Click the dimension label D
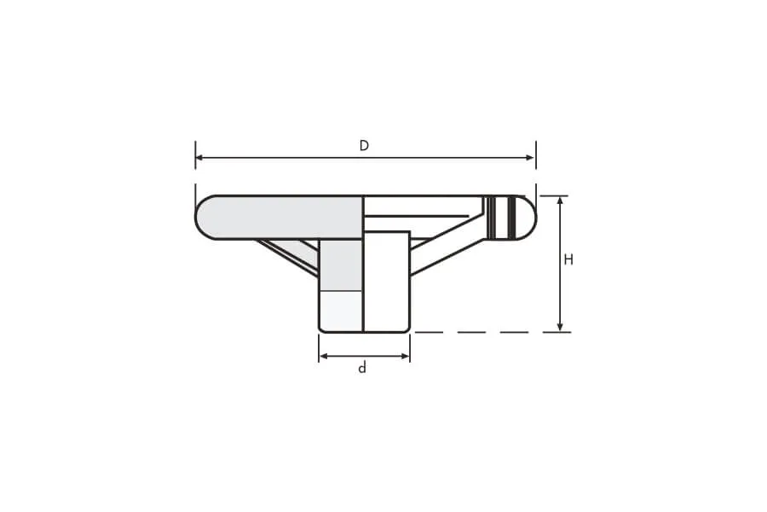(364, 146)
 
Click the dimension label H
(568, 259)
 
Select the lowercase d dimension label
(362, 368)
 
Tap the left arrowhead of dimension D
(199, 158)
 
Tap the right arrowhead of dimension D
(530, 158)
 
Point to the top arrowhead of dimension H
(560, 201)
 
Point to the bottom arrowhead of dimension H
(560, 328)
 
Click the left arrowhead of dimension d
(323, 356)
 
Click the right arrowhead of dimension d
(405, 356)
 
